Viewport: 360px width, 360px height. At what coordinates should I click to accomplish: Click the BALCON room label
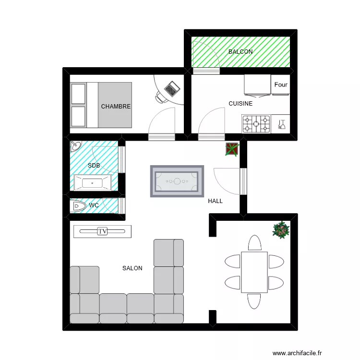pyautogui.click(x=240, y=51)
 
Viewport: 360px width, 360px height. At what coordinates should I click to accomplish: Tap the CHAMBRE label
pyautogui.click(x=116, y=107)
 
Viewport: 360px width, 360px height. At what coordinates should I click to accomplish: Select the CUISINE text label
pyautogui.click(x=240, y=103)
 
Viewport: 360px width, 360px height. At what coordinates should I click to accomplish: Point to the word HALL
pyautogui.click(x=216, y=201)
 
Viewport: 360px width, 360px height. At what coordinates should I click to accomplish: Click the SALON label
pyautogui.click(x=132, y=268)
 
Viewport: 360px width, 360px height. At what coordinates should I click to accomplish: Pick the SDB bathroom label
pyautogui.click(x=94, y=166)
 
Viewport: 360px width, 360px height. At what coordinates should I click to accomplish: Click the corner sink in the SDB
pyautogui.click(x=76, y=145)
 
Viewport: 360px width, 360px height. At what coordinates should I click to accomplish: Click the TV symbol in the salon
pyautogui.click(x=102, y=231)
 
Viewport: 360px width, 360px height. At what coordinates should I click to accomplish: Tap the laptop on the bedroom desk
pyautogui.click(x=171, y=88)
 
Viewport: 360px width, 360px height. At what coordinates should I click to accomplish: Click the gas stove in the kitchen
pyautogui.click(x=256, y=124)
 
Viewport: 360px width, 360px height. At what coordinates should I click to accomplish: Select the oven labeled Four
pyautogui.click(x=281, y=85)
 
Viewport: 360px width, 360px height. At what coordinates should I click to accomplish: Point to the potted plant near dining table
pyautogui.click(x=281, y=229)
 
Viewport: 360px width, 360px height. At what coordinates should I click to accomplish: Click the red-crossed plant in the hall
pyautogui.click(x=231, y=149)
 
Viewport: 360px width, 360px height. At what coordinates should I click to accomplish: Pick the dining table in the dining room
pyautogui.click(x=254, y=272)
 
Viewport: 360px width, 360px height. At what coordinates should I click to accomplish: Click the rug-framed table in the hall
pyautogui.click(x=177, y=181)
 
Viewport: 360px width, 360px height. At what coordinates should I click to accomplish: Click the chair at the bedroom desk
pyautogui.click(x=160, y=98)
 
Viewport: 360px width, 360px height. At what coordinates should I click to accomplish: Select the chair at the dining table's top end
pyautogui.click(x=254, y=243)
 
